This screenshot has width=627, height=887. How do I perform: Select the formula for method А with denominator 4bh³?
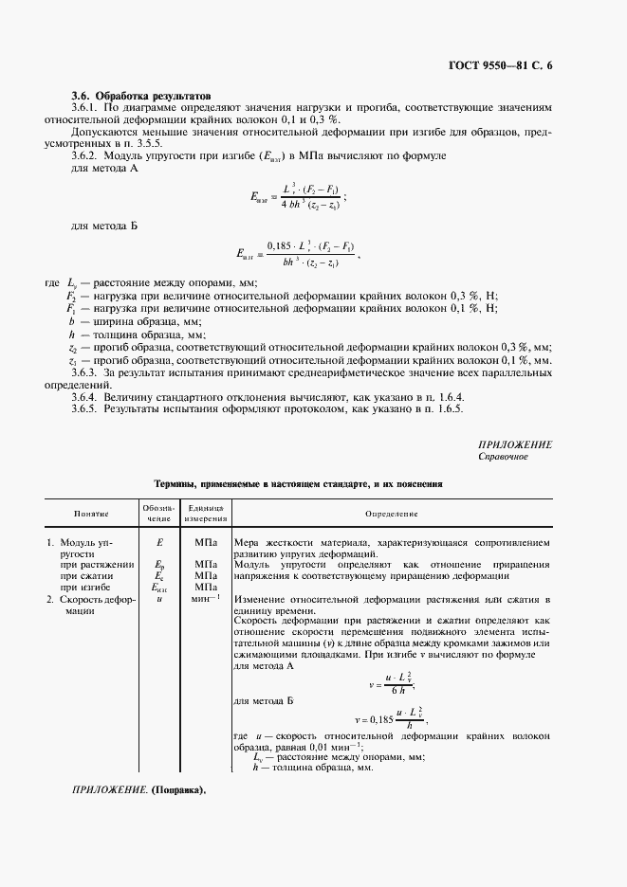(x=297, y=197)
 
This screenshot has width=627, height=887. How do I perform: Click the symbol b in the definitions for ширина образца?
(x=71, y=322)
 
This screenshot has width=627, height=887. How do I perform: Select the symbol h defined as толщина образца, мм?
(x=71, y=335)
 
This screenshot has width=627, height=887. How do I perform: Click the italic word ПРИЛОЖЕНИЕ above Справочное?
(x=515, y=444)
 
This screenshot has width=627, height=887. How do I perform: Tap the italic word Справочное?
(x=503, y=457)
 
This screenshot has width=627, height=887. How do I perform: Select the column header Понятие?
(x=91, y=514)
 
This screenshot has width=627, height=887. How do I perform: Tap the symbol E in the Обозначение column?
(x=158, y=543)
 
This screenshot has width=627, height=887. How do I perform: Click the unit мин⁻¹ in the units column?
(x=204, y=600)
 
